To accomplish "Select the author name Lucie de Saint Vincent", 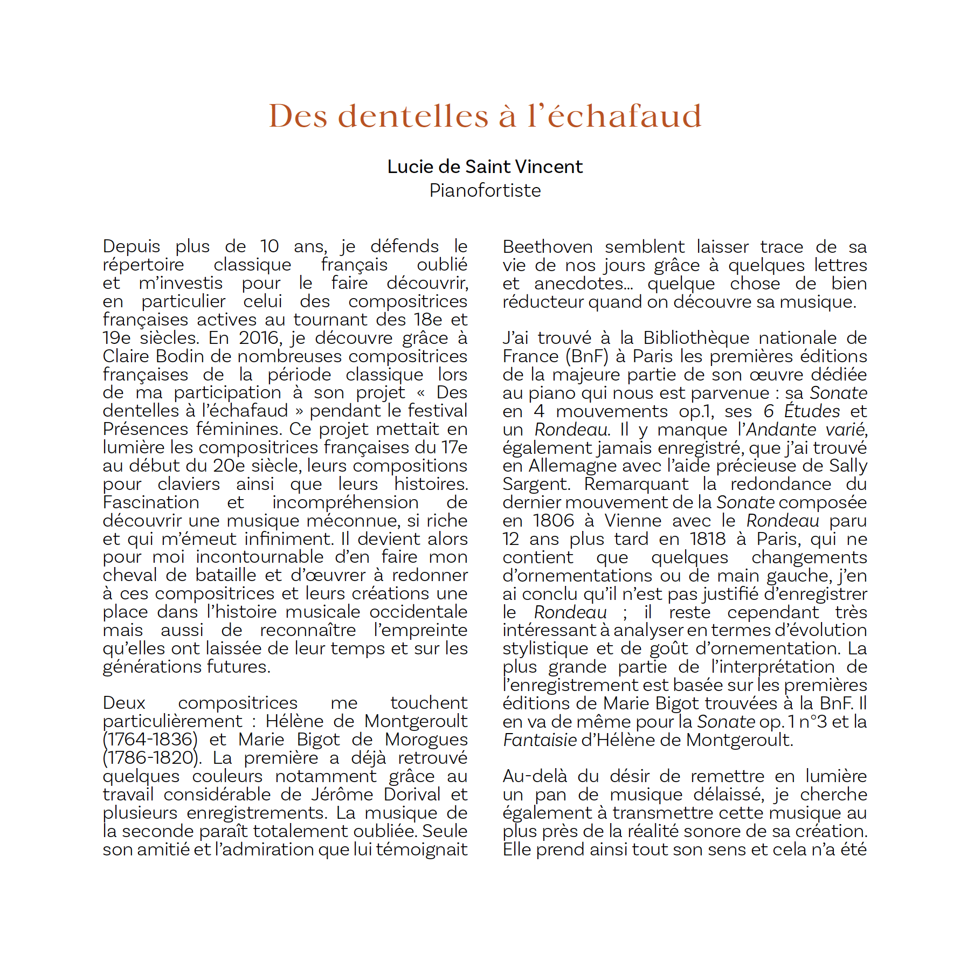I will click(485, 167).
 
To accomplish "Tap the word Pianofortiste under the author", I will click(485, 190).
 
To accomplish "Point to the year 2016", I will click(258, 338).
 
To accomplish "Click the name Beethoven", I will click(547, 247).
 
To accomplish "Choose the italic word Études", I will click(812, 411).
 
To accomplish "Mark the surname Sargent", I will click(535, 484).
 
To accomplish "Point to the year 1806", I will click(553, 521).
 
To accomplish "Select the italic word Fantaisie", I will click(540, 740).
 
